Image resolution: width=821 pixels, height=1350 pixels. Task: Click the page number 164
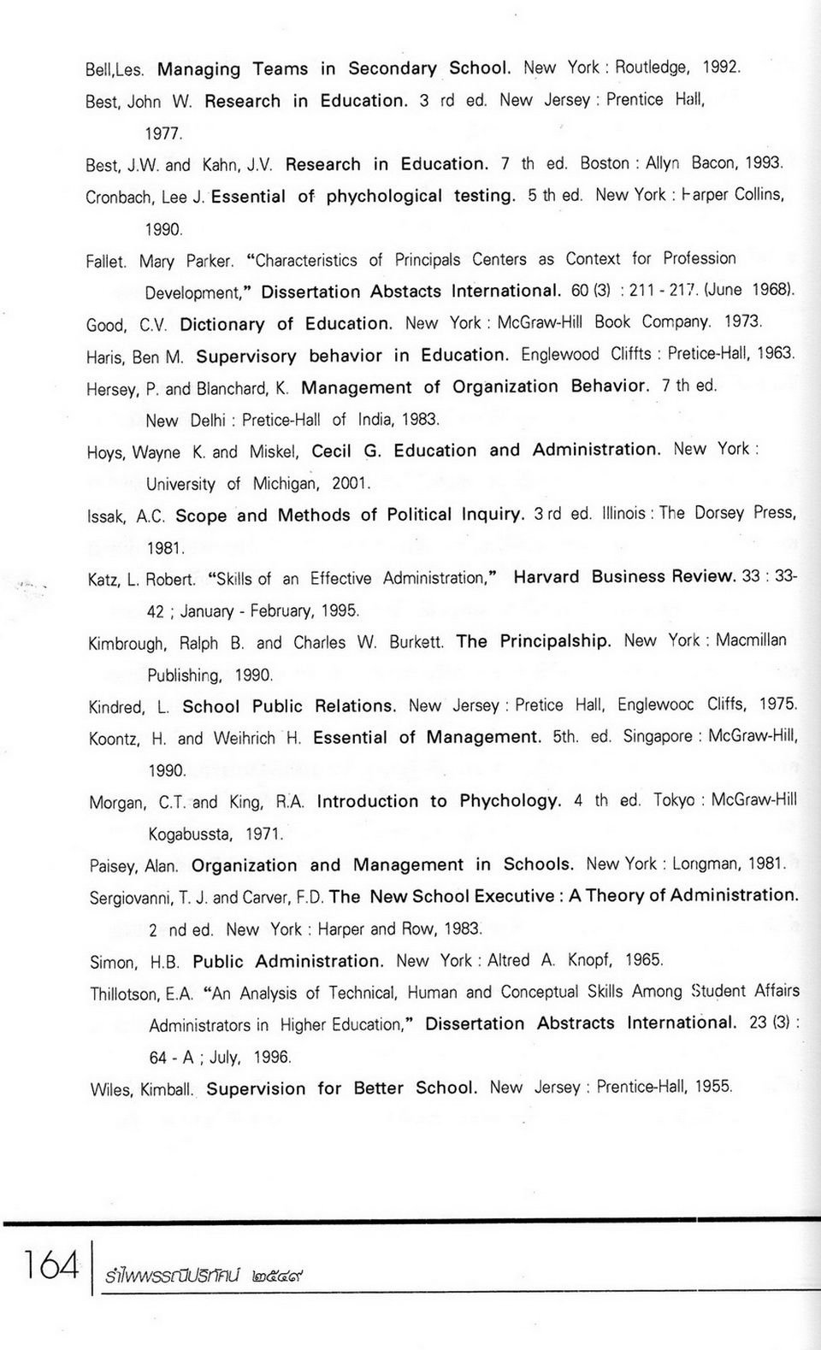(x=51, y=1265)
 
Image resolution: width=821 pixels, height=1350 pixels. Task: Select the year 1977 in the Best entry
(x=163, y=133)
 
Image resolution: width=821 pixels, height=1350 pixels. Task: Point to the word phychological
(x=384, y=196)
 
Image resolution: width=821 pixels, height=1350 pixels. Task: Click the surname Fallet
(x=105, y=262)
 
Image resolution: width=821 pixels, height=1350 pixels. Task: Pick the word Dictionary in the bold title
(x=222, y=324)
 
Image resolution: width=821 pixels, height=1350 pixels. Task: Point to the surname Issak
(x=107, y=516)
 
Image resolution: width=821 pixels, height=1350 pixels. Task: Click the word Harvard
(x=546, y=577)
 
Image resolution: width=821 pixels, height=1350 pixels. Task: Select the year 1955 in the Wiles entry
(x=713, y=1087)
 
